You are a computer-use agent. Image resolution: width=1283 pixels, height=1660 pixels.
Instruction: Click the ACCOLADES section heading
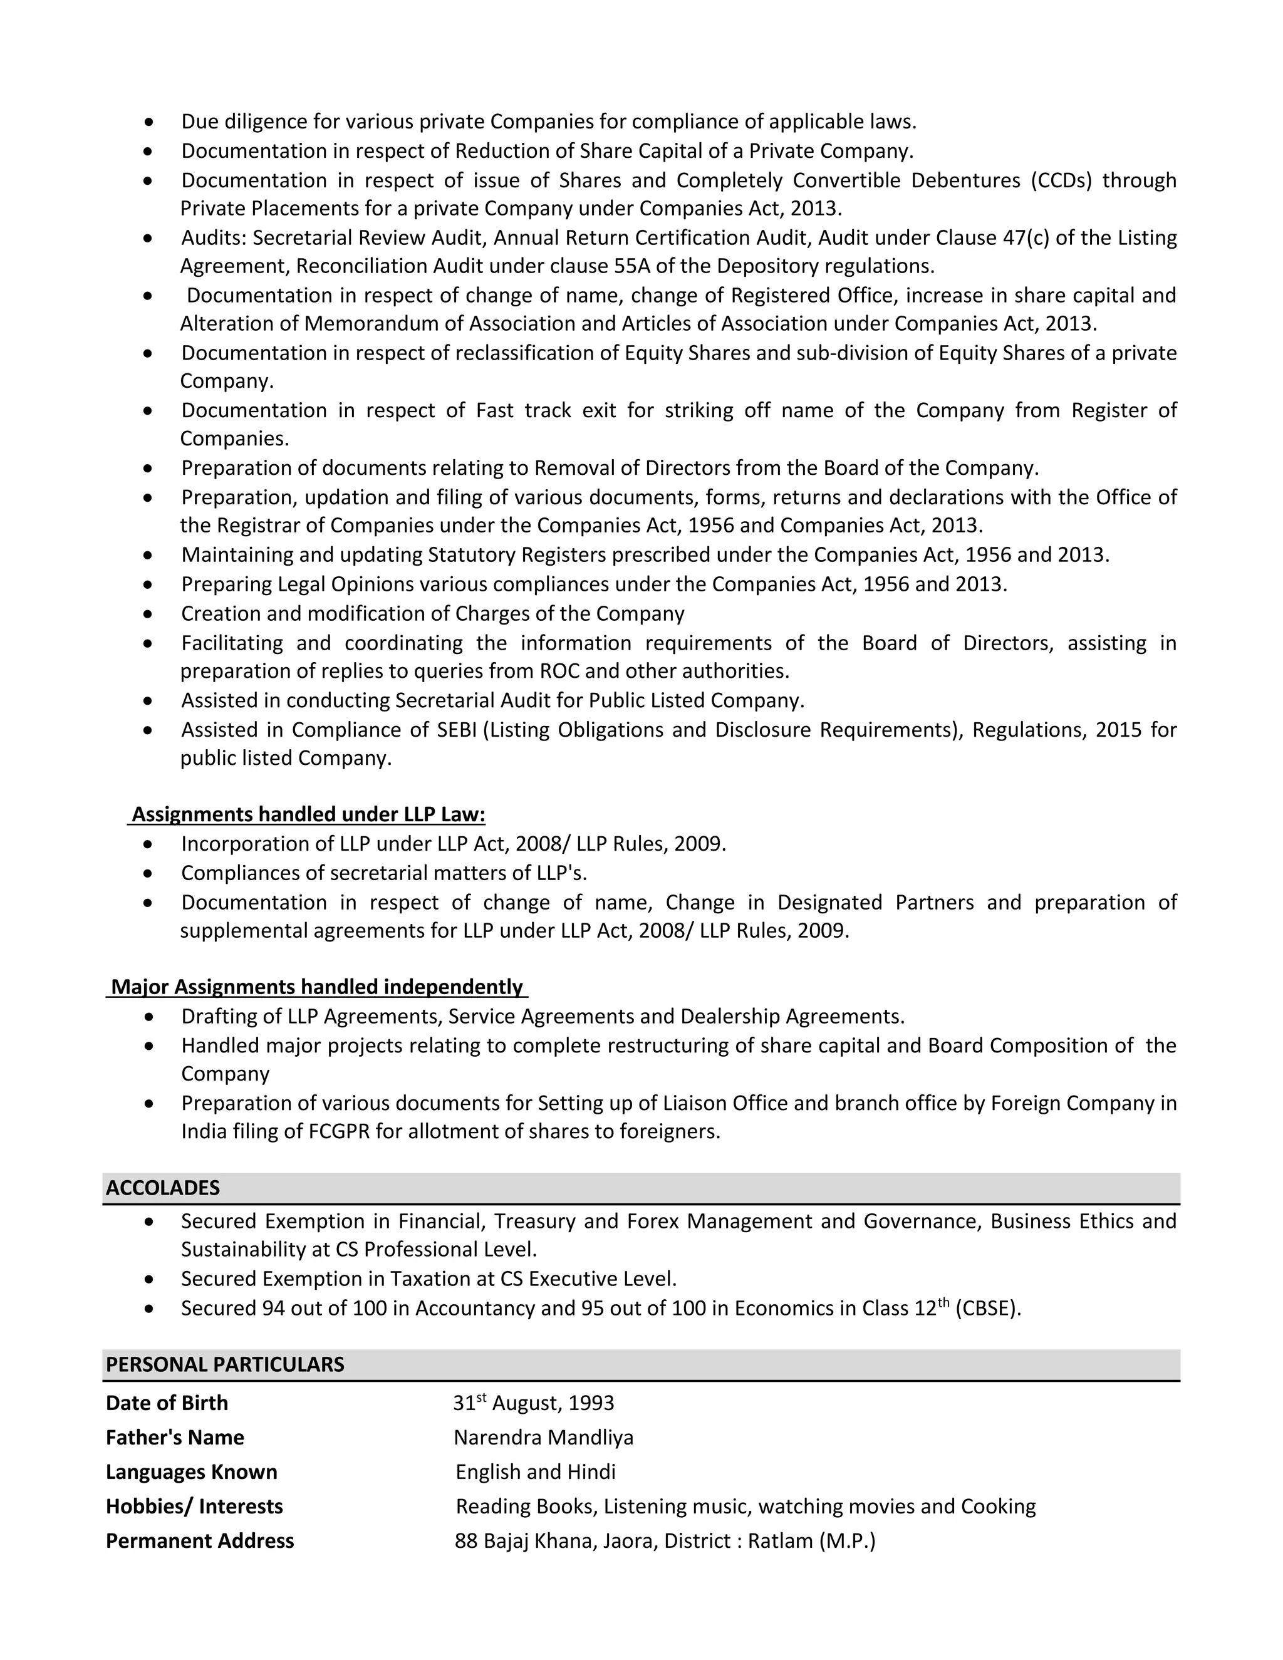coord(163,1188)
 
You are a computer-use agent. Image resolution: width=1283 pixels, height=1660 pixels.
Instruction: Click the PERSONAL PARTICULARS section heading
coord(225,1364)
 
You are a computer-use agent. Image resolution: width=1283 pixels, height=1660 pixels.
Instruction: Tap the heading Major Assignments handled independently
coord(317,987)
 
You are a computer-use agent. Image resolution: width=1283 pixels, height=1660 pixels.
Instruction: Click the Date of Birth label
coord(167,1403)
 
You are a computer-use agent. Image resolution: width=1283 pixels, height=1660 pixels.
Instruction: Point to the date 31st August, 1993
coord(534,1403)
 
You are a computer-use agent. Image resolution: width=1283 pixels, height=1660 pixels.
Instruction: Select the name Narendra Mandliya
coord(543,1437)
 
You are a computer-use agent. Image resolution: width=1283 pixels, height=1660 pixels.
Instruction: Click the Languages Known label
coord(192,1472)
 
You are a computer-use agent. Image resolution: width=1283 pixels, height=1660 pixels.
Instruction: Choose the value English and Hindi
coord(536,1472)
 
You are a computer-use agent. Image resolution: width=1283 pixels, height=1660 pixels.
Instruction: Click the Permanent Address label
coord(200,1541)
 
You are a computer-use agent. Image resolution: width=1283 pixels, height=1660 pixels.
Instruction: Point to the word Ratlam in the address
coord(781,1541)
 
